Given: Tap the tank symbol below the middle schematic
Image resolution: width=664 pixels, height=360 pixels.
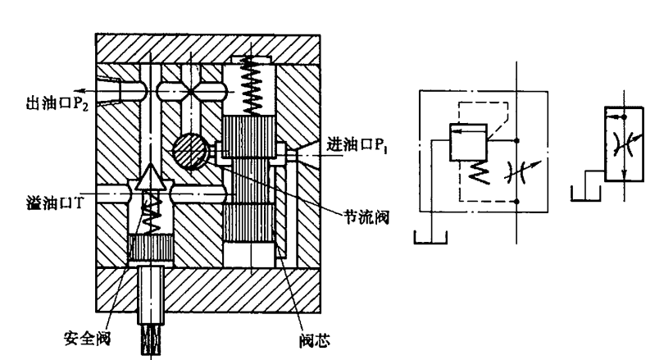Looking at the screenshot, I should coord(430,239).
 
